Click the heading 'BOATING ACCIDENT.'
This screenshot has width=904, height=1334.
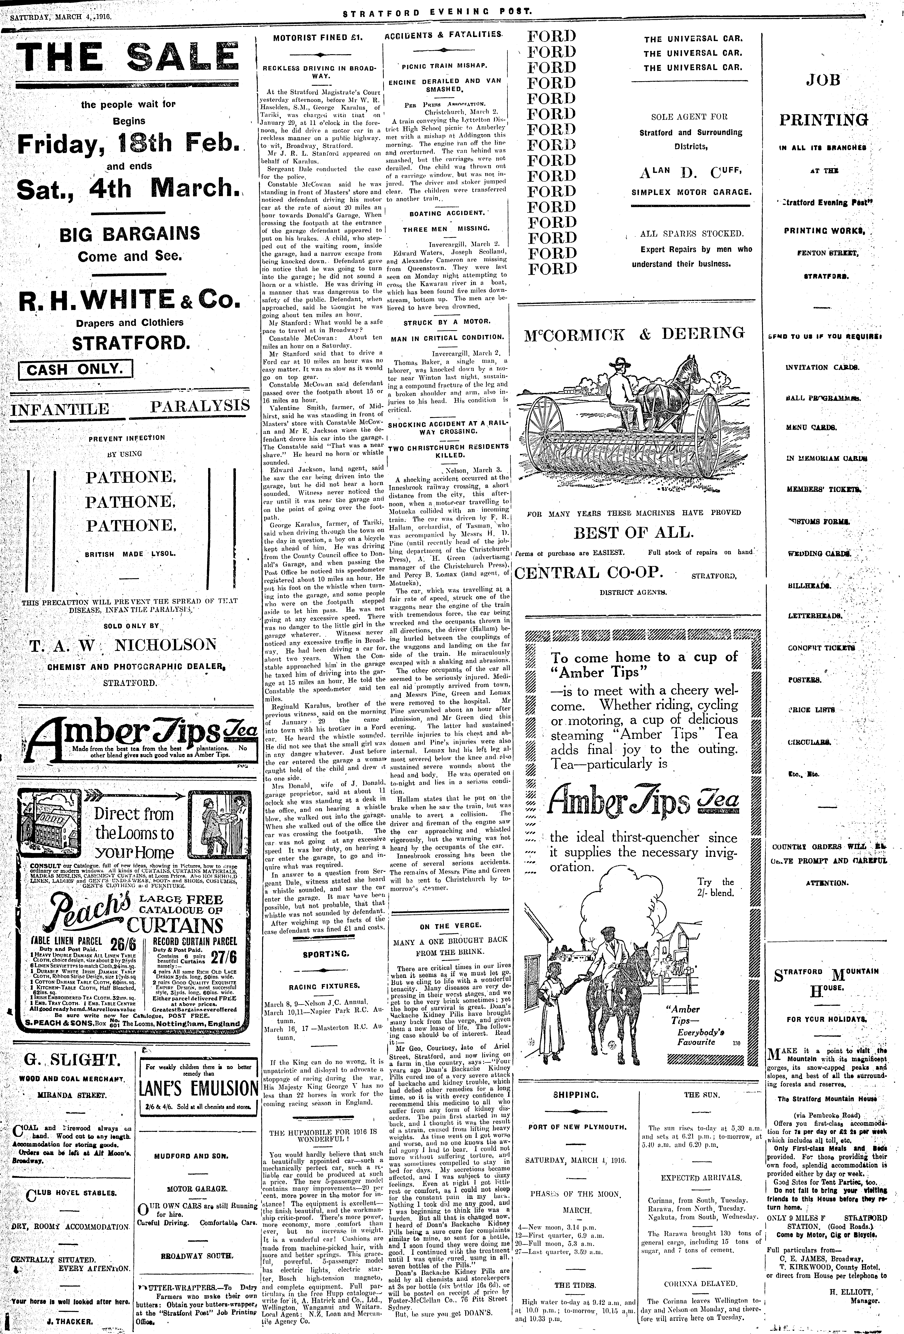(446, 213)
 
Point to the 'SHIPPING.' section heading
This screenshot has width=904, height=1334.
(575, 1095)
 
